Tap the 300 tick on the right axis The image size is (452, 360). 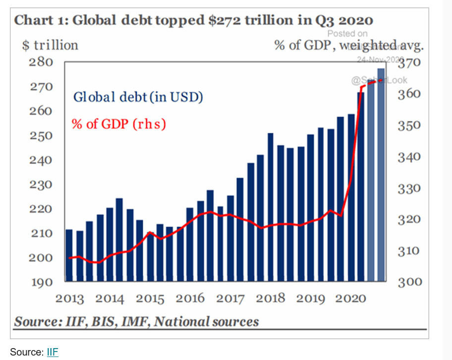pos(409,282)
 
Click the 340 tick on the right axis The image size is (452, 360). pos(409,157)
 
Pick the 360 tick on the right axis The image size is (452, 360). pos(409,94)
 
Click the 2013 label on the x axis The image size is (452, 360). pos(69,299)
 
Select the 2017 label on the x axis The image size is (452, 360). pos(230,299)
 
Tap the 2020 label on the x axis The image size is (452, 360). pos(351,299)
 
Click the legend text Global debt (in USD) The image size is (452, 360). pos(138,97)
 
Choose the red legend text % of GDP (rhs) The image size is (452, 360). pos(118,123)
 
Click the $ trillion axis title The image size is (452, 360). pos(50,45)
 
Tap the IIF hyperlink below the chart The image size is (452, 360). pos(53,352)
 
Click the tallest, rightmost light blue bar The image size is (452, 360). pos(381,174)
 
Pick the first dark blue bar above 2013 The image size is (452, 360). pos(69,255)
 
